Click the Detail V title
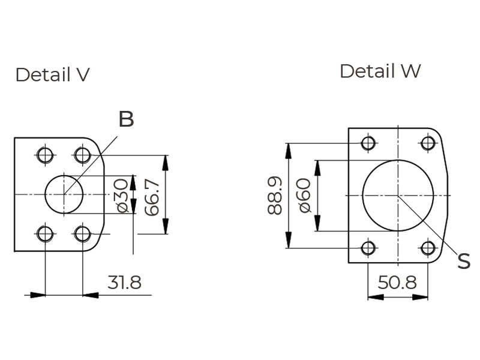pos(52,75)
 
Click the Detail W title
pos(380,71)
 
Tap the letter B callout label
pos(126,119)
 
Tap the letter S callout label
pos(463,261)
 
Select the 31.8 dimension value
pos(124,283)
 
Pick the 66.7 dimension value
pos(152,197)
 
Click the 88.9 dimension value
pos(275,196)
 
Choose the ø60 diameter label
pos(304,196)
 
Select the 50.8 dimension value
pos(397,283)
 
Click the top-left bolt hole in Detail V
pos(45,155)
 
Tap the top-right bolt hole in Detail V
pos(82,155)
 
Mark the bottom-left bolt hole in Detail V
pos(45,233)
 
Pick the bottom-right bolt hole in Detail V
pos(82,233)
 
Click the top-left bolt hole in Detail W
pos(368,143)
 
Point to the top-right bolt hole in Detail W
pos(428,143)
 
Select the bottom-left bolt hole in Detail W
pos(368,247)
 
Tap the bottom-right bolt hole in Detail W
pos(428,247)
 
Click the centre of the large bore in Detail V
pos(64,194)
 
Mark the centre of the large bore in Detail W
pos(398,195)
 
